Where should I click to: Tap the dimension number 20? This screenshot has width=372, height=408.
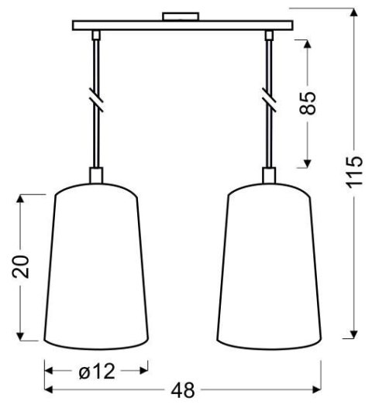click(x=23, y=266)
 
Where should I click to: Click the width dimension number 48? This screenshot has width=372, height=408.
click(x=182, y=390)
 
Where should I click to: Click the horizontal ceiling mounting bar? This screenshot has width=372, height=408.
click(x=183, y=26)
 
